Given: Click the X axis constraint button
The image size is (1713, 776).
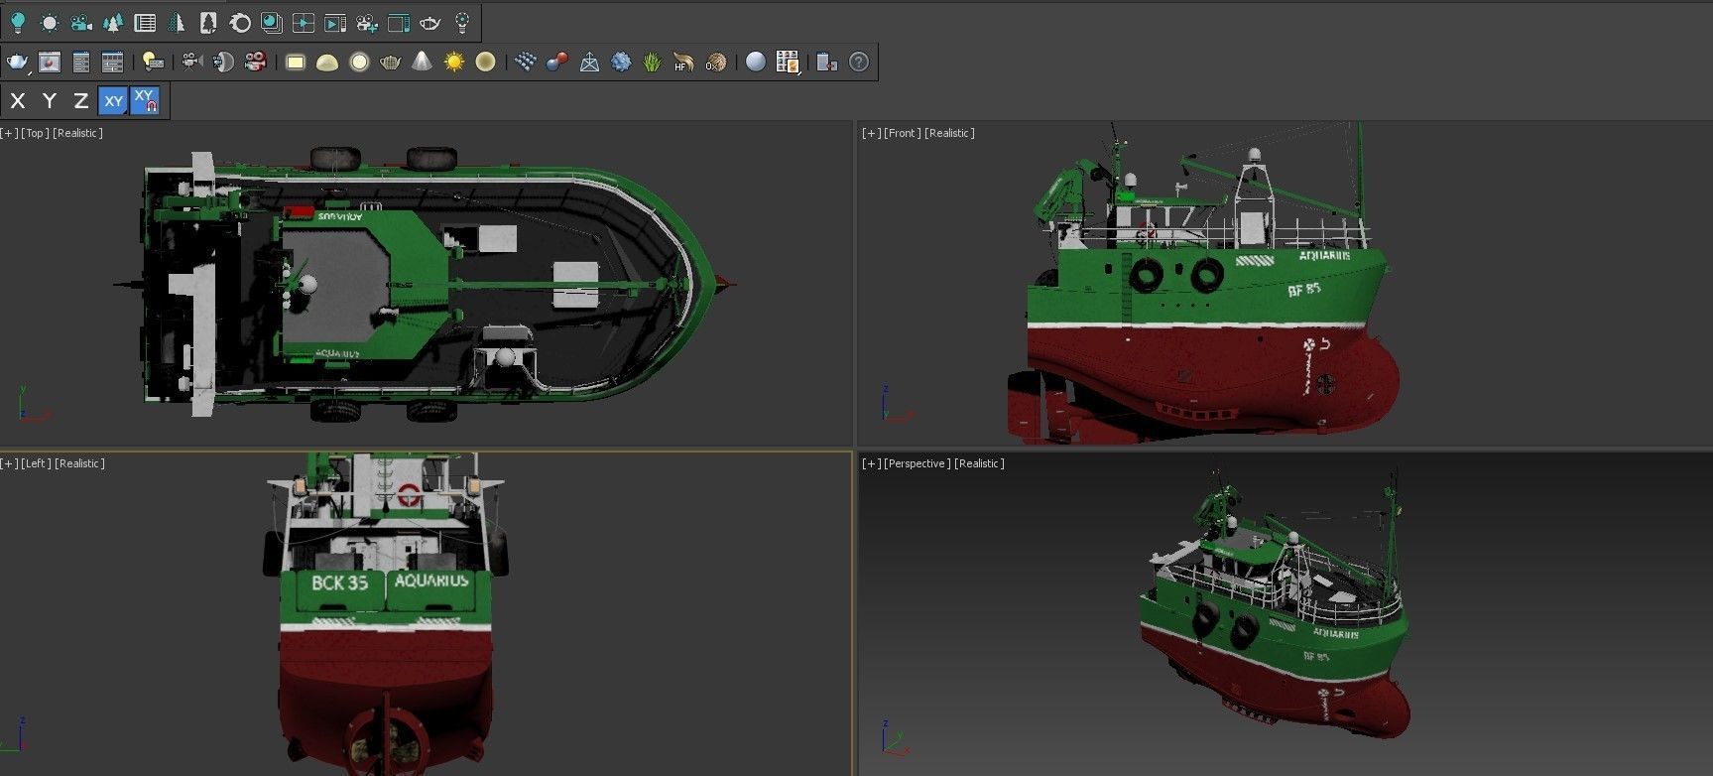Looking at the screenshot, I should click(18, 100).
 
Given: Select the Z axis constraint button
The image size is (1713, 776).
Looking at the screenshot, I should click(81, 100).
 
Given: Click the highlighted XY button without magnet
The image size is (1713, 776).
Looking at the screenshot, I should click(114, 100).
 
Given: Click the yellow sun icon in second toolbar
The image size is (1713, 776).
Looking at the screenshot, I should click(453, 63).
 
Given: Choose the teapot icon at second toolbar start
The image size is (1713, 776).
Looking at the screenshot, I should click(17, 63).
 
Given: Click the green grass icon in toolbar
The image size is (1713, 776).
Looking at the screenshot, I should click(652, 63).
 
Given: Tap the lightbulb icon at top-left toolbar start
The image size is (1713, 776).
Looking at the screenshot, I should click(17, 22).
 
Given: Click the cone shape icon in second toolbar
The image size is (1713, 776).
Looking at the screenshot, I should click(422, 63).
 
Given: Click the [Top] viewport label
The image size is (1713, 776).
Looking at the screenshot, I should click(36, 133).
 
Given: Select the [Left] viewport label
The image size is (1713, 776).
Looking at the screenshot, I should click(36, 463).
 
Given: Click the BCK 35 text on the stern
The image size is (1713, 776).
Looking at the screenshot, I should click(339, 582).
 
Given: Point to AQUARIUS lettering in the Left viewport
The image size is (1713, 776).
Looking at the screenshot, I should click(431, 581).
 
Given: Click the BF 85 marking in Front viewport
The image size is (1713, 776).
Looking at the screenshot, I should click(1304, 289).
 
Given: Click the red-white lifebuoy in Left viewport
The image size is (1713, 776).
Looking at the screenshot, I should click(409, 494).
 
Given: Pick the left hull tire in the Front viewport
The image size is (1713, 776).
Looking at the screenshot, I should click(1146, 274).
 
